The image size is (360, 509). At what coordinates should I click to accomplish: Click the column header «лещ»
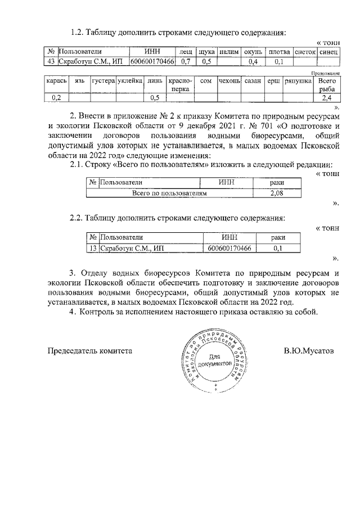186,51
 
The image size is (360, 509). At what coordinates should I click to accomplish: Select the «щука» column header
206,51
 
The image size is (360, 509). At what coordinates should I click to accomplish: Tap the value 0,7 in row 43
186,61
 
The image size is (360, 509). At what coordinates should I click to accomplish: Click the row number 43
51,61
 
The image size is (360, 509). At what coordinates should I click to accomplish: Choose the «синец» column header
328,51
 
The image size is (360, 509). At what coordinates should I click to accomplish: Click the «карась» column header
56,81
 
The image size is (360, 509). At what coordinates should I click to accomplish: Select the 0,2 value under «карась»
56,98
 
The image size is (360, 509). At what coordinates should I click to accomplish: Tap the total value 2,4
326,98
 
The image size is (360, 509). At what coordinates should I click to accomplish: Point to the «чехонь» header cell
229,81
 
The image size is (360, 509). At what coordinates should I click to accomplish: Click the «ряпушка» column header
298,81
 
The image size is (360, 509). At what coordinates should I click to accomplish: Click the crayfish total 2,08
277,193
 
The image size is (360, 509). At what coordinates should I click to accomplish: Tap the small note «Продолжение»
326,73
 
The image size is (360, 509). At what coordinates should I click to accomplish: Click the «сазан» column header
253,81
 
